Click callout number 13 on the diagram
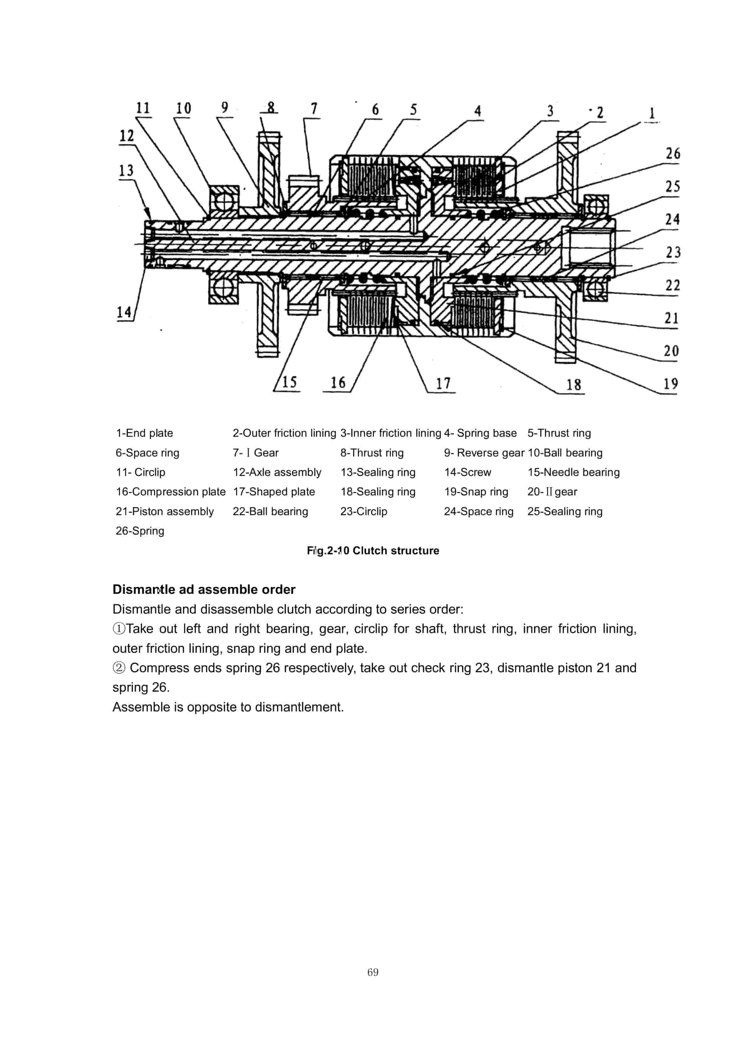tap(126, 170)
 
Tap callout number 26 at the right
tap(672, 154)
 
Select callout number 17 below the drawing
tap(443, 383)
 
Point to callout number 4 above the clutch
tap(478, 111)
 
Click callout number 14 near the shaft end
tap(124, 312)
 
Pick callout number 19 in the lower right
tap(670, 383)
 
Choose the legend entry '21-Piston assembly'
tap(165, 511)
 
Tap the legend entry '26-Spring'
tap(140, 531)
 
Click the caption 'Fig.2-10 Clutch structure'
tap(373, 551)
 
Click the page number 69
tap(373, 972)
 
